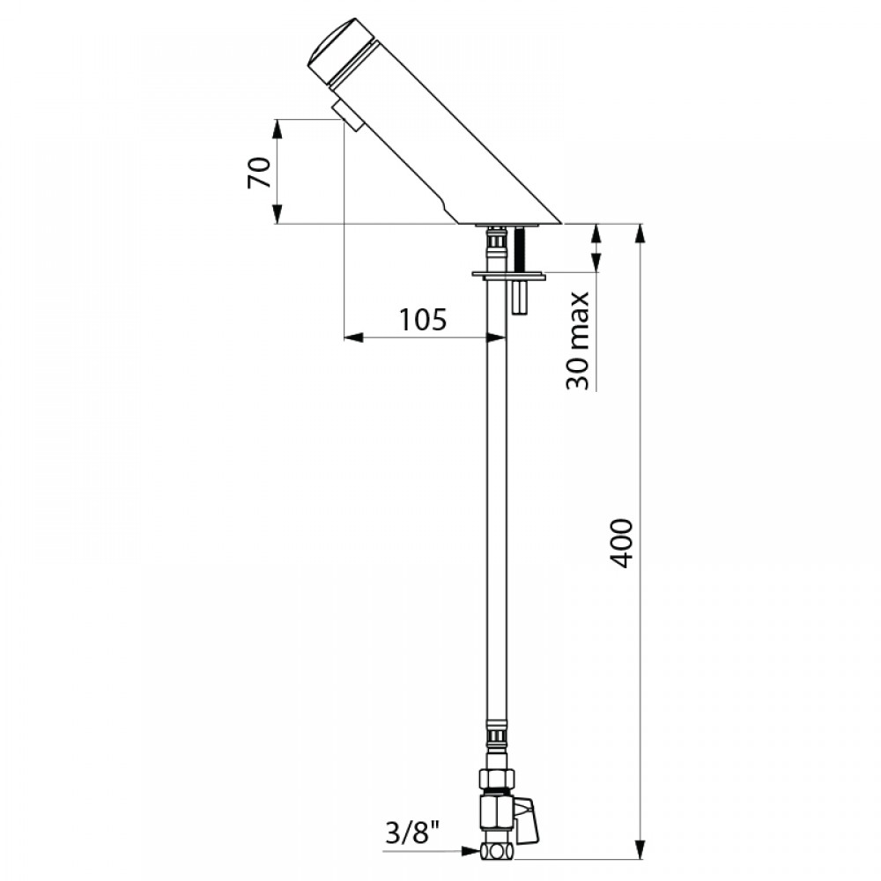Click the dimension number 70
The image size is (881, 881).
[x=259, y=173]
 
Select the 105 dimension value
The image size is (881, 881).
[x=423, y=321]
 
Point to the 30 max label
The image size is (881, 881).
[x=578, y=341]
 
